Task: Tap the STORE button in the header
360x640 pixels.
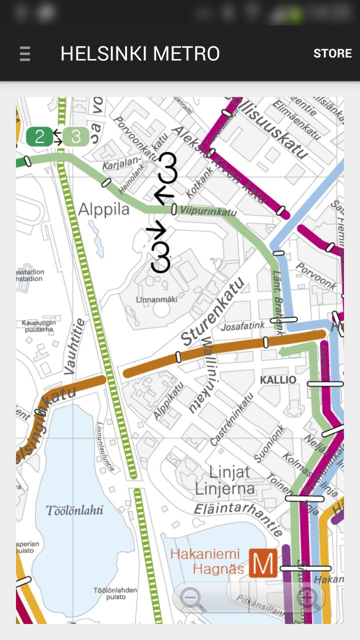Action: point(332,53)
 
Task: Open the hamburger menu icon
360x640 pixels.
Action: point(25,53)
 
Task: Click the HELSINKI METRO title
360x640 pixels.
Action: point(140,53)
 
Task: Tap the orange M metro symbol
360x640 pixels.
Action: point(263,563)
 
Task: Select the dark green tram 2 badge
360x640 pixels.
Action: point(39,136)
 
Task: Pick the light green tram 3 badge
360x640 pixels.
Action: point(76,136)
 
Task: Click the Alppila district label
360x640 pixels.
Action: point(104,209)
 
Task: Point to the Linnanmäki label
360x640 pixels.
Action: point(157,299)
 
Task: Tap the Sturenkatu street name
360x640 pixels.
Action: point(213,311)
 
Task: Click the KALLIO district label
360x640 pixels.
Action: point(278,380)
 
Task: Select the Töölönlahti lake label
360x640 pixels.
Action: point(74,510)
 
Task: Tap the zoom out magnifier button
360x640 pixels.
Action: point(192,597)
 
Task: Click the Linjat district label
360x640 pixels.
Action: point(229,471)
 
